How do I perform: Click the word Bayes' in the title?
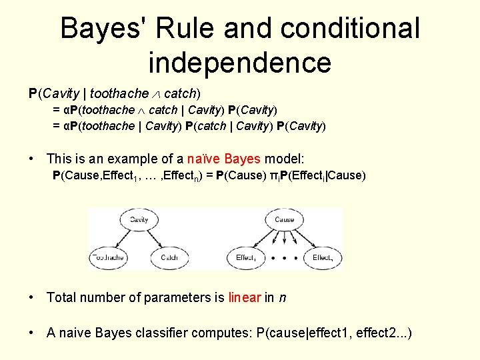click(x=102, y=29)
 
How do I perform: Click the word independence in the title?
click(x=239, y=63)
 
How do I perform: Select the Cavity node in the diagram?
click(x=139, y=219)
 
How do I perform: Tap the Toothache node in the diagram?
click(x=108, y=257)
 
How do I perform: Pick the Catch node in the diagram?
click(x=169, y=257)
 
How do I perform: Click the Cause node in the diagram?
click(x=284, y=219)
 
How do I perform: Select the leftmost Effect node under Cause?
click(x=246, y=257)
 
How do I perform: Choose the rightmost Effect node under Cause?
click(x=323, y=257)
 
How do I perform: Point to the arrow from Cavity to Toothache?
click(x=122, y=239)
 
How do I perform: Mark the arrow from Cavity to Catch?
click(x=155, y=239)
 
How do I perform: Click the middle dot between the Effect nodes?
click(x=285, y=257)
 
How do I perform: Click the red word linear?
click(x=245, y=297)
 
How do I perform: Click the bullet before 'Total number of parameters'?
click(x=31, y=298)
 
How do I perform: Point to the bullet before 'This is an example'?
click(x=31, y=159)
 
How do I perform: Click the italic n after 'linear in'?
click(x=283, y=297)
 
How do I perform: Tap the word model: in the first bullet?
click(x=284, y=159)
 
